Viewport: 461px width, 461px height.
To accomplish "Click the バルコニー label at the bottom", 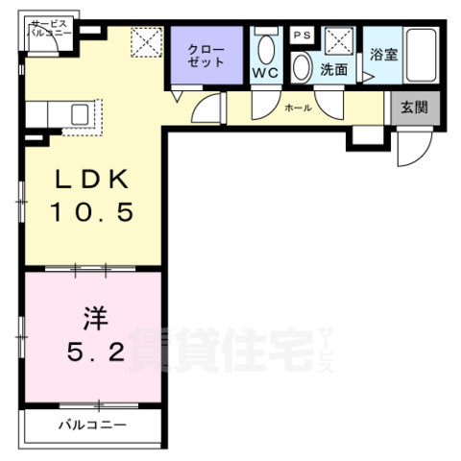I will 92,424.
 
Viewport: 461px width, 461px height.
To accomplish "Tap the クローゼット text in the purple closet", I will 206,55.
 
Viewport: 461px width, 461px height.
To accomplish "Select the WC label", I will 265,72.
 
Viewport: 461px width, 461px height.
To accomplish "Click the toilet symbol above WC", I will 266,48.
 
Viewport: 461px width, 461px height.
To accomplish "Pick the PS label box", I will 301,35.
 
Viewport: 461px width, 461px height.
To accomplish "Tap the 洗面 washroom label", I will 333,69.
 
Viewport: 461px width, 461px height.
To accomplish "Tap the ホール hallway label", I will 298,109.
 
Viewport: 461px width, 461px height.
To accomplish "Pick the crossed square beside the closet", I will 146,41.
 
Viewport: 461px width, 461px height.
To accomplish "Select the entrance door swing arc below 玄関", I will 410,144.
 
